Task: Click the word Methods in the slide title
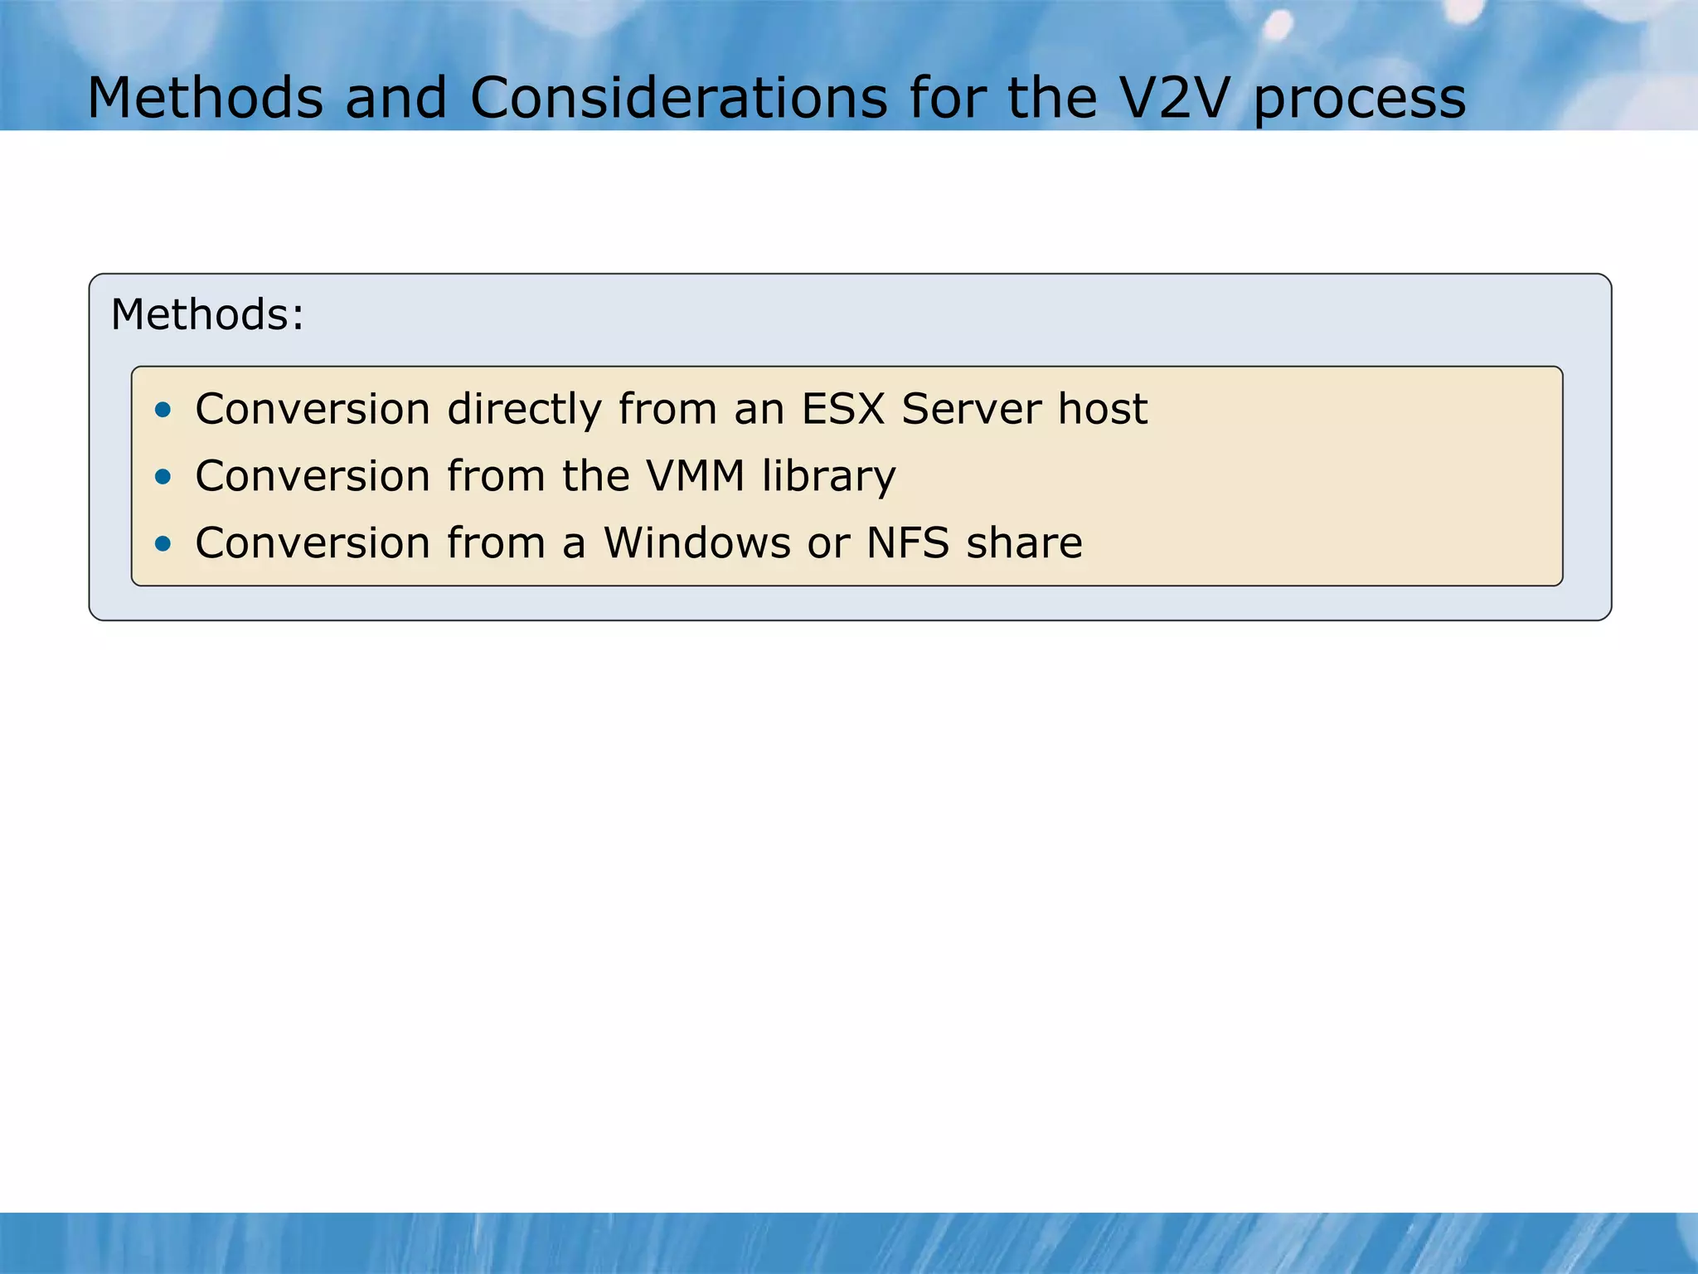coord(205,98)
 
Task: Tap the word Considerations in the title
coord(678,98)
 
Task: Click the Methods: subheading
coord(207,315)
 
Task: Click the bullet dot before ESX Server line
coord(163,409)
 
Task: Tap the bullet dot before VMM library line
coord(163,476)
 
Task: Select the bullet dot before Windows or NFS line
coord(163,543)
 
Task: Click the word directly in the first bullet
coord(524,409)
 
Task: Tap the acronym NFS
coord(908,543)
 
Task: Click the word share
coord(1025,543)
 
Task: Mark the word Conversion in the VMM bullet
coord(313,476)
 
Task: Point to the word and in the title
coord(395,98)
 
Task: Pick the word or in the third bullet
coord(829,545)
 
